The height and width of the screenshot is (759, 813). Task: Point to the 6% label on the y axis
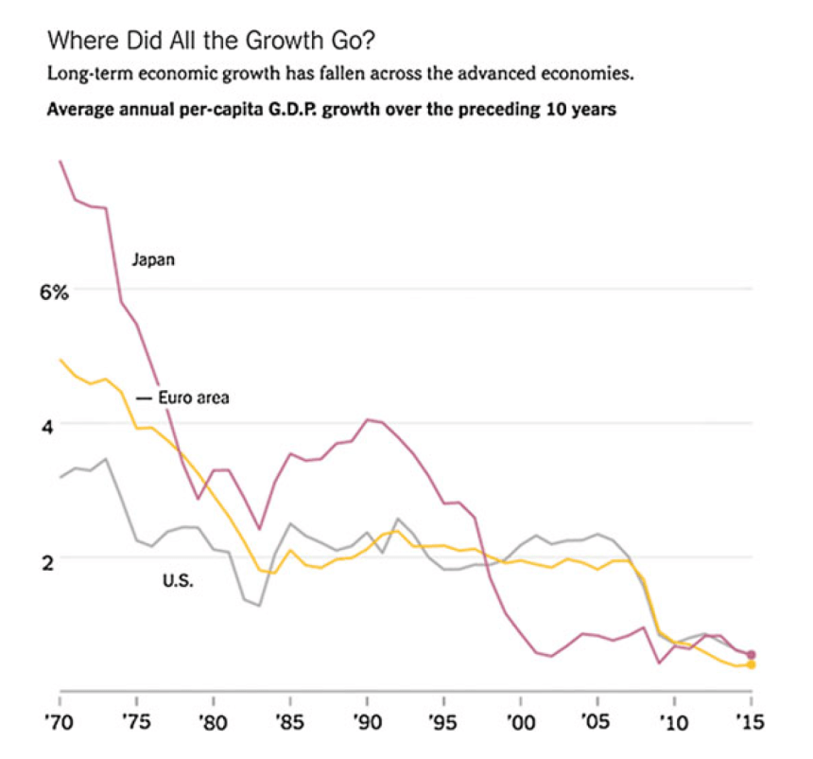coord(54,293)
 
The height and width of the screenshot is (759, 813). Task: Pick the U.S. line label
coord(178,581)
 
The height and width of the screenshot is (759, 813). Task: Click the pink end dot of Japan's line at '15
coord(752,654)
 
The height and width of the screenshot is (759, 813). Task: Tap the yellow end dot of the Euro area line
coord(752,665)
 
